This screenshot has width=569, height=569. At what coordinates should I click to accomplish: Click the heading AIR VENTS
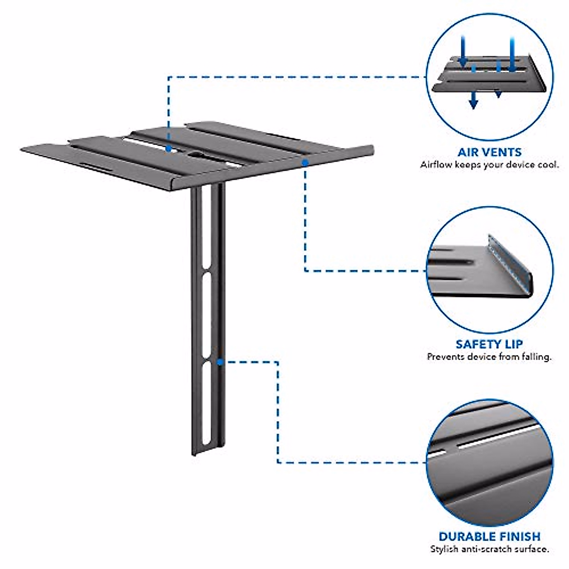tap(489, 152)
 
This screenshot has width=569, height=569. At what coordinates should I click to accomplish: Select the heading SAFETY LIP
tap(489, 344)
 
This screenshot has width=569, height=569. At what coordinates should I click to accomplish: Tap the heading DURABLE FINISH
tap(489, 536)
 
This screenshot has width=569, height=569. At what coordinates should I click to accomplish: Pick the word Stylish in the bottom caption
tap(444, 549)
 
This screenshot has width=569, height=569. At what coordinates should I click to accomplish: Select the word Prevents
tap(445, 357)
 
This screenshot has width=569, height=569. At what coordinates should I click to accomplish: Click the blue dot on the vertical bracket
tap(220, 362)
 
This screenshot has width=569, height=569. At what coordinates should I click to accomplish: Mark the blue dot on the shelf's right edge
tap(305, 162)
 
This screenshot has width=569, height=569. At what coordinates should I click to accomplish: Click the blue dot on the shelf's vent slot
tap(169, 148)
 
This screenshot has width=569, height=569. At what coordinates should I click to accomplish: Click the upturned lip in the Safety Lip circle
tap(510, 266)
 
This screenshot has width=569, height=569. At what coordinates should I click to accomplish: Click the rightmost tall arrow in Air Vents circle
tap(512, 55)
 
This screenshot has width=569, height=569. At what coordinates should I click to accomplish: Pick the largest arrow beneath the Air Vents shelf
tap(473, 100)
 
